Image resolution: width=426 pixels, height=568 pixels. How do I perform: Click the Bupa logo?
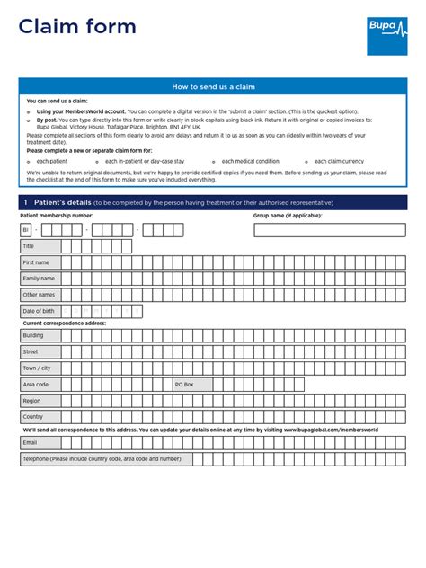pos(386,36)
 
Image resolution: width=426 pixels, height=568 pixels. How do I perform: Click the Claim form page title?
pos(77,27)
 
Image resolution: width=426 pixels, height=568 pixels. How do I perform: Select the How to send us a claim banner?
pos(213,86)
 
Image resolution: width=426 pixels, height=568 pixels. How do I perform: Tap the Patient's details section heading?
pos(58,202)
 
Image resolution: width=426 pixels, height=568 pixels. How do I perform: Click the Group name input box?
pos(330,230)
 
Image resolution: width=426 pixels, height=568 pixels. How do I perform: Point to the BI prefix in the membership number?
pos(26,230)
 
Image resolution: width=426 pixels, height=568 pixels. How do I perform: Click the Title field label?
pos(29,246)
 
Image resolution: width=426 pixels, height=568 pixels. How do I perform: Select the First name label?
pos(36,262)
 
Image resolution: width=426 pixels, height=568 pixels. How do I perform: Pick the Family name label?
pos(39,279)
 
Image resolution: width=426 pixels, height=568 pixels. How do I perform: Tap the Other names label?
pos(39,295)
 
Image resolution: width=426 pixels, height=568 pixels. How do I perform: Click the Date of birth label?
pos(39,311)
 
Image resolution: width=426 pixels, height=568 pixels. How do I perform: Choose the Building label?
pos(33,335)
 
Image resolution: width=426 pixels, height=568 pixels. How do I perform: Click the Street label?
pos(31,351)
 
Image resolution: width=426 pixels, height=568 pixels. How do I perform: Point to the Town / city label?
pos(37,368)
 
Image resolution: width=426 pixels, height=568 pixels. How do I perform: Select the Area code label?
pos(36,384)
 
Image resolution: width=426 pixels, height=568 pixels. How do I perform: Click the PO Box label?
pos(185,384)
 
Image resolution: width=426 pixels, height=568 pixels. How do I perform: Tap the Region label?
pos(32,401)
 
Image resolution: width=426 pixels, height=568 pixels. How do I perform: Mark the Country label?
pos(33,417)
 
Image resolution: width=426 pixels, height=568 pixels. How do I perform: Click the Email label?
pos(31,442)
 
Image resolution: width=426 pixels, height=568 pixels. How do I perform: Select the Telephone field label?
pos(102,458)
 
